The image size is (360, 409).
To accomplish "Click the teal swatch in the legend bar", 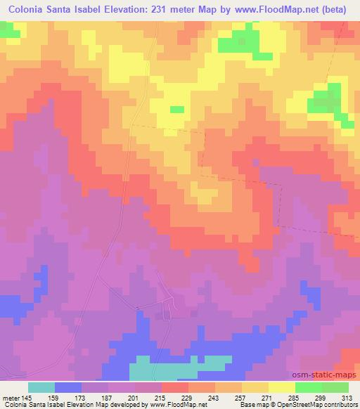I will click(41, 388).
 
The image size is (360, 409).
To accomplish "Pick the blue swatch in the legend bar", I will click(68, 388).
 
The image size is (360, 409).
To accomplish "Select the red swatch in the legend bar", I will click(175, 388).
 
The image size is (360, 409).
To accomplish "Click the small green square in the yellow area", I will click(177, 109).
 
